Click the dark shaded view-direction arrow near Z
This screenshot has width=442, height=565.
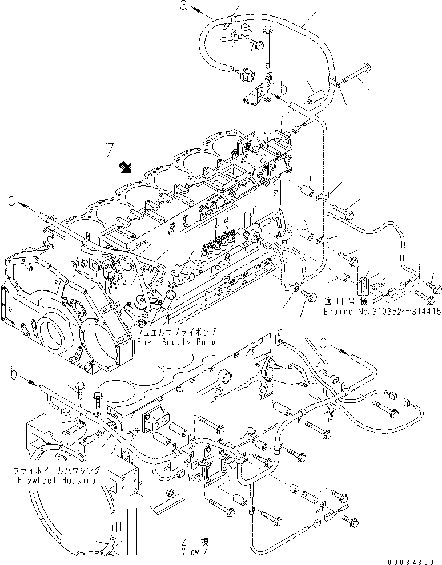125,167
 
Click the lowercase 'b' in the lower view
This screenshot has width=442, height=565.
15,374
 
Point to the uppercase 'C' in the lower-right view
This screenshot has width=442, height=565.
323,343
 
